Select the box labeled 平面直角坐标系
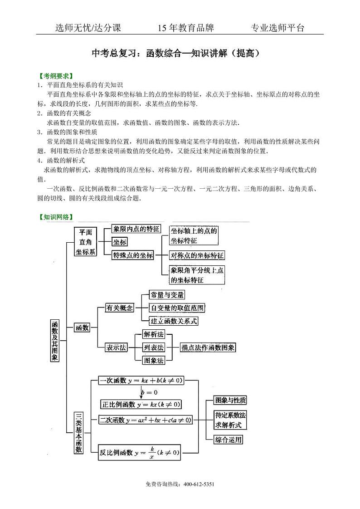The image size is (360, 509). (x=86, y=241)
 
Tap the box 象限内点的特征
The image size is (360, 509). (x=136, y=229)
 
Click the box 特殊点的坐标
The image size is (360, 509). (x=133, y=255)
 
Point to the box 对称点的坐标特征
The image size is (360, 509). (x=197, y=255)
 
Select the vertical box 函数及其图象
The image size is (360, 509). (x=54, y=340)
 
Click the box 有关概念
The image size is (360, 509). (x=119, y=308)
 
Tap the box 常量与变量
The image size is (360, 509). (x=167, y=295)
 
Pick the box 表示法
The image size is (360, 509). (x=116, y=347)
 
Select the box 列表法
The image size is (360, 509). (x=153, y=347)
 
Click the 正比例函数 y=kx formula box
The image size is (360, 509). (x=141, y=404)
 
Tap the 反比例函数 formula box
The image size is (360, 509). (x=140, y=452)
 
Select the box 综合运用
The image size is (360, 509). (x=228, y=439)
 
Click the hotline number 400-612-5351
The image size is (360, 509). (x=199, y=484)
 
